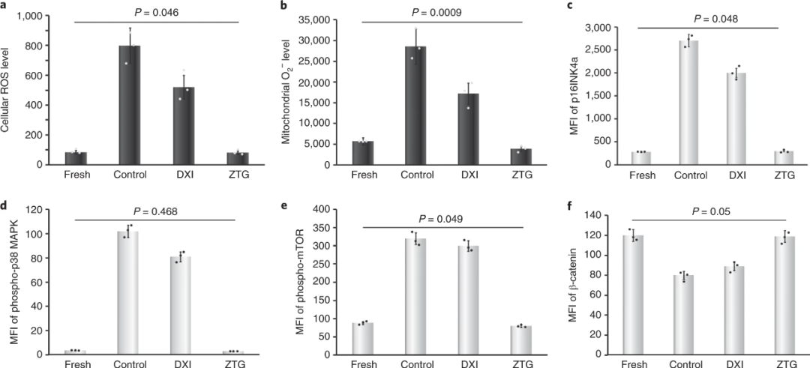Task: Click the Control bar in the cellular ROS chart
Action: pos(129,105)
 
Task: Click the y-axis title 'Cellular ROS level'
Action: pos(8,89)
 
